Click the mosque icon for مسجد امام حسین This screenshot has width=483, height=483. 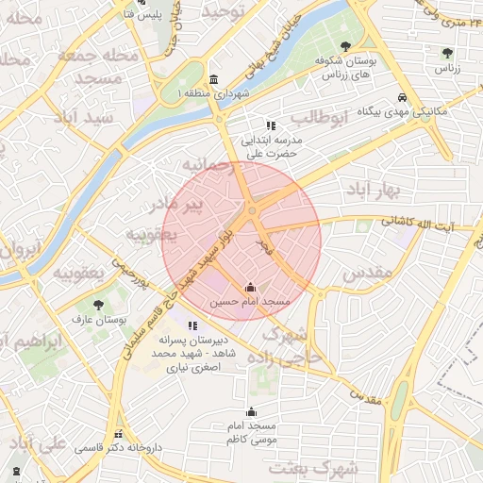click(250, 287)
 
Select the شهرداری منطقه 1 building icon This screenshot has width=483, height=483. click(214, 79)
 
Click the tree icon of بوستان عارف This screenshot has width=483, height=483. click(98, 305)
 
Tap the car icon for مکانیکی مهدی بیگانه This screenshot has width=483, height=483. click(402, 97)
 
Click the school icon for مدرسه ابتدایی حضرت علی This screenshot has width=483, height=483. click(271, 125)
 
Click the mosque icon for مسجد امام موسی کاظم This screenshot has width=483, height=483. click(251, 411)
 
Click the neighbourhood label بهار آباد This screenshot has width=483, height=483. click(375, 192)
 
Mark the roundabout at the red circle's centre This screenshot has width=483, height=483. click(252, 209)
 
